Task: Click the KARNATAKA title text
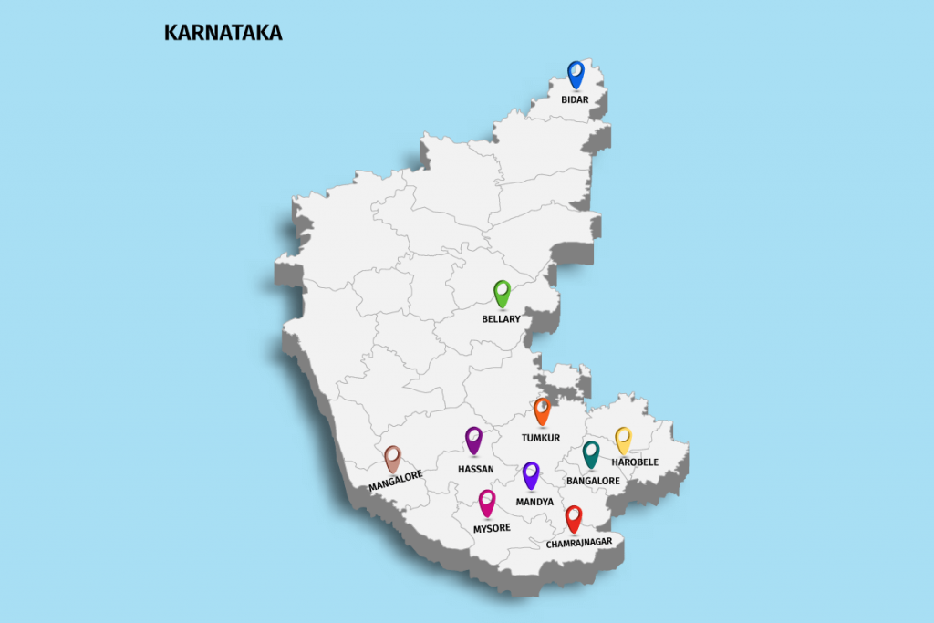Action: click(x=223, y=33)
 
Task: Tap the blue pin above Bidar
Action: click(x=576, y=73)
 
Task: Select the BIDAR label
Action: click(x=575, y=99)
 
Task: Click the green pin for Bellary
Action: click(x=502, y=292)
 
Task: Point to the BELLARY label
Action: click(x=501, y=319)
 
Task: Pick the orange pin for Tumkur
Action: click(x=542, y=410)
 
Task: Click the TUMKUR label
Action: click(x=541, y=438)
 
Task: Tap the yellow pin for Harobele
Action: click(x=623, y=439)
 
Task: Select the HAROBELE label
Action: click(x=635, y=462)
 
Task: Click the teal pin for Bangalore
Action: click(x=591, y=452)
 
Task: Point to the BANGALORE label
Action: click(x=593, y=480)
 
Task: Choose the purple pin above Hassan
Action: click(x=473, y=439)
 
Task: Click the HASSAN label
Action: click(x=476, y=469)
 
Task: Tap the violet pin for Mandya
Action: click(x=531, y=473)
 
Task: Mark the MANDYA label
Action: click(x=534, y=502)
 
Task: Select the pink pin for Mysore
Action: click(x=487, y=501)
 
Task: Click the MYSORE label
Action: click(x=492, y=528)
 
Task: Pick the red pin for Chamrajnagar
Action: click(x=574, y=517)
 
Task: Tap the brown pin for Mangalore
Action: click(x=392, y=457)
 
